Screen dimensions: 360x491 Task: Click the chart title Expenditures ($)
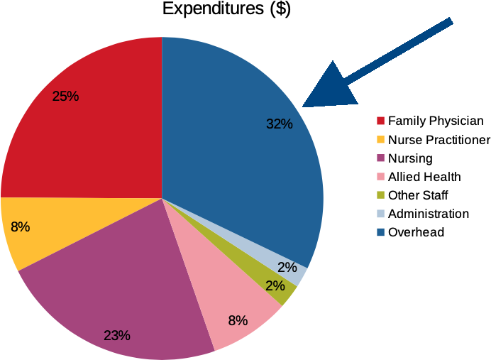pos(226,9)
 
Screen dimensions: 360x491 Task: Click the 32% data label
pos(280,124)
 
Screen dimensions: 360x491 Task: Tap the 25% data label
pos(65,95)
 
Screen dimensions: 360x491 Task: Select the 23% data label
pos(116,335)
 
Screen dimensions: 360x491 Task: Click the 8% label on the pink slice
pos(238,320)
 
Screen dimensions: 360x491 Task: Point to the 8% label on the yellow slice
pos(20,227)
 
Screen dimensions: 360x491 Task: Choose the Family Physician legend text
pos(436,121)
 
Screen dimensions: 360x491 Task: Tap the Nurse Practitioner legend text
pos(439,140)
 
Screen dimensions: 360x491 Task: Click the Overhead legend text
pos(416,232)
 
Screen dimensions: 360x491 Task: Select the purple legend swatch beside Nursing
pos(380,158)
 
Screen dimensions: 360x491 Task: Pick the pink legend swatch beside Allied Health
pos(380,177)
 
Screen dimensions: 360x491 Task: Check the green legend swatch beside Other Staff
pos(380,195)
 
